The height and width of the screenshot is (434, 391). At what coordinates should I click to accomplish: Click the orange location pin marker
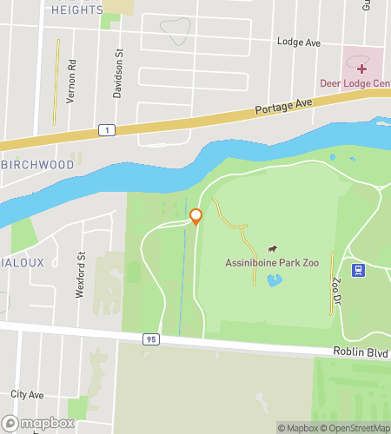[x=195, y=216]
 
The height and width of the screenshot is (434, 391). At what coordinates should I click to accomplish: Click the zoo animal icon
[x=272, y=249]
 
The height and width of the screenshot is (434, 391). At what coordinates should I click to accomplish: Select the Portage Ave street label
[x=283, y=108]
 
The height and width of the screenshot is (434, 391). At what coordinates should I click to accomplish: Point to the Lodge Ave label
[x=299, y=42]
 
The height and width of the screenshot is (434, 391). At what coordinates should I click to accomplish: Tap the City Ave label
[x=27, y=394]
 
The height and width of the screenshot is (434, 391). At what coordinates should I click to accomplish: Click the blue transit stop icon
[x=357, y=270]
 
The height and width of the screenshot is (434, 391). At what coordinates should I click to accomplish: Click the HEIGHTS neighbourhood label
[x=76, y=10]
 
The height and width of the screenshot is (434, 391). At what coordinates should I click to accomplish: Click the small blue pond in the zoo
[x=275, y=280]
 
